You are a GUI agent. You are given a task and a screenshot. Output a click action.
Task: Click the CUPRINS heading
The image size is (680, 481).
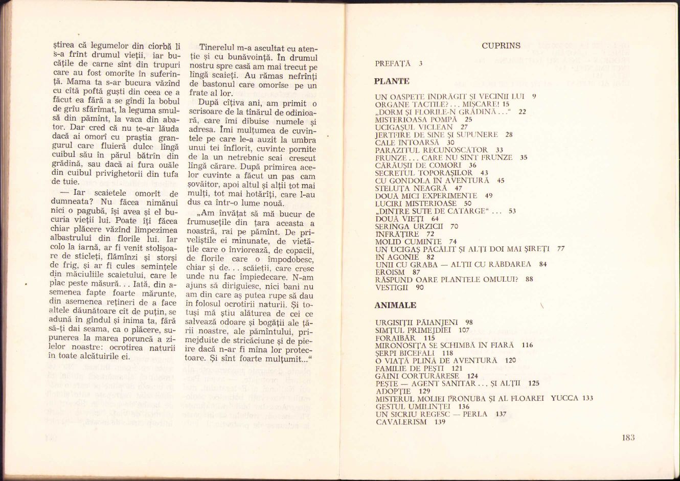coord(501,46)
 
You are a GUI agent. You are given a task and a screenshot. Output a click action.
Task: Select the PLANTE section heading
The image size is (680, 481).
coord(392,81)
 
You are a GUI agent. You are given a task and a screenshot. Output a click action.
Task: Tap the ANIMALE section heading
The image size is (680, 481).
coord(395,306)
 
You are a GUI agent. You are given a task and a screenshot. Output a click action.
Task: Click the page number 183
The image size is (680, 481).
coord(628,438)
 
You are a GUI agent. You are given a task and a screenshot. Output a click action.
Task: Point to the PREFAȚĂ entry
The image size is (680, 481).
coord(393,64)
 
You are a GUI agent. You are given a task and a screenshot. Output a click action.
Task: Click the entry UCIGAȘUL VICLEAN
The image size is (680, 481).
coord(414,127)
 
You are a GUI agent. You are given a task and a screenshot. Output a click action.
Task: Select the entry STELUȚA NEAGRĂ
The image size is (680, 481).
coord(411,188)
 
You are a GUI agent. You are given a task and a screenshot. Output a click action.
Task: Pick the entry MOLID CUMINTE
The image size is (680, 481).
coord(408,242)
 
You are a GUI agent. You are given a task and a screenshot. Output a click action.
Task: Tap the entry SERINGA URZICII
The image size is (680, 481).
coord(410,226)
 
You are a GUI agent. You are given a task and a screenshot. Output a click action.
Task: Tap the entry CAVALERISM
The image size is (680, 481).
coord(401,422)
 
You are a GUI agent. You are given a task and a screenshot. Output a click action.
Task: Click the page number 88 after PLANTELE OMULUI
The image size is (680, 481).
coord(529,280)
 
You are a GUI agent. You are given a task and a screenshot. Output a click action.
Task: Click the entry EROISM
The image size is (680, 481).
coord(390,272)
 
